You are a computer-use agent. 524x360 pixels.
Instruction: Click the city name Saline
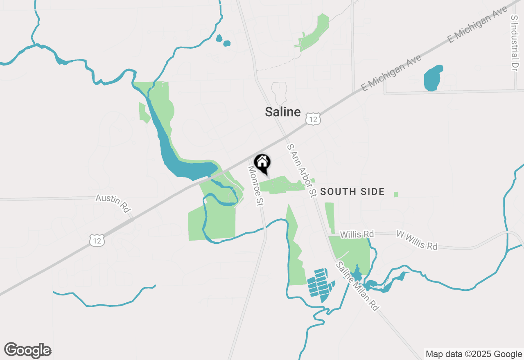click(282, 112)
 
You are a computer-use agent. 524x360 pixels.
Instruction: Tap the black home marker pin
click(262, 162)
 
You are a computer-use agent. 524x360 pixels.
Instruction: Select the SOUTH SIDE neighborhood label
click(352, 191)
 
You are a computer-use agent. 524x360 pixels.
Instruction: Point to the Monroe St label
click(255, 186)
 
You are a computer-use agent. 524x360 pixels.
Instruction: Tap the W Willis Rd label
click(417, 240)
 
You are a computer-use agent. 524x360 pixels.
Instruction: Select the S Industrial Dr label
click(515, 43)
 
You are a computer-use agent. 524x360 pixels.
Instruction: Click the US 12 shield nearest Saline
click(312, 119)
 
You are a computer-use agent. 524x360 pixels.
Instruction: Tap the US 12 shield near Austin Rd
click(97, 241)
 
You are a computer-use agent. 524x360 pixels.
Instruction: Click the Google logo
click(27, 351)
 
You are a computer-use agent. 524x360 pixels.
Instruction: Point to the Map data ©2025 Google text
click(474, 354)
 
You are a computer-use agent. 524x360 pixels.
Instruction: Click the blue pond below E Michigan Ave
click(433, 78)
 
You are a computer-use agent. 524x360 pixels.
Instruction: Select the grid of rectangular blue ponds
click(321, 283)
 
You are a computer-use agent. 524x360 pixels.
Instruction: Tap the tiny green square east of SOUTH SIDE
click(396, 194)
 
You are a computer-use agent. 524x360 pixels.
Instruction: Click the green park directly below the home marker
click(282, 184)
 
